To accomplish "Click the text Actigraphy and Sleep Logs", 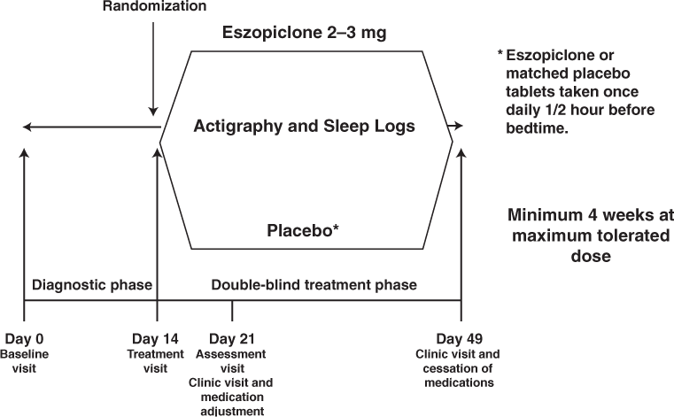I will coord(305,127).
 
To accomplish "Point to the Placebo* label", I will coord(304,231).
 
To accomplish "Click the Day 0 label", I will coord(24,340).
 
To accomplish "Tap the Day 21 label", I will coord(231,340).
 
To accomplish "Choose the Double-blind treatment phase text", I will coord(314,285).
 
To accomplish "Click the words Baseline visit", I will coord(24,360).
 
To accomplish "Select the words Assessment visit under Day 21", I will coord(231,361).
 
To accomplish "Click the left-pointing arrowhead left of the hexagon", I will coord(27,127).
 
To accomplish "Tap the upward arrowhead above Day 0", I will coord(24,153).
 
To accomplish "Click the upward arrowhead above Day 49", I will coord(461,153).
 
